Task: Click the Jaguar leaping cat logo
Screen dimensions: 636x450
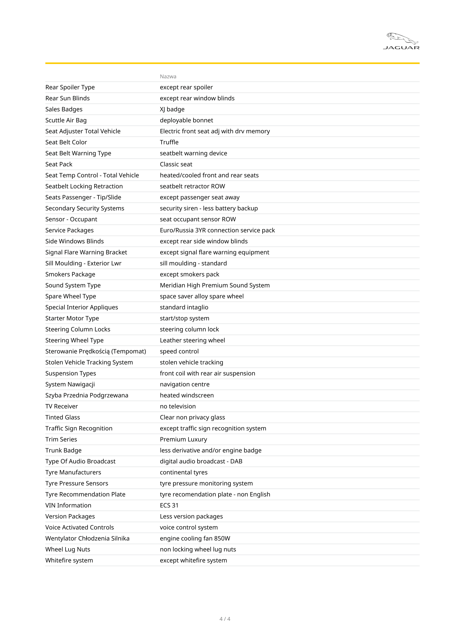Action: coord(402,38)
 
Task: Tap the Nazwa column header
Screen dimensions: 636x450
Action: coord(168,76)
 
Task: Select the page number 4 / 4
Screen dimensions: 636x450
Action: coord(225,619)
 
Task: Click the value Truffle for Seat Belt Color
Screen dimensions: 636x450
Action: coord(169,142)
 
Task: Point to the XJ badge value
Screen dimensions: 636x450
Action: coord(172,109)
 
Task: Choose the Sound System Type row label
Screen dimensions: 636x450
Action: coord(73,285)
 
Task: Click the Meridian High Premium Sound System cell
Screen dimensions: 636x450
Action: coord(214,285)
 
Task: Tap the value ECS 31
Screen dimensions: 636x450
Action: coord(169,505)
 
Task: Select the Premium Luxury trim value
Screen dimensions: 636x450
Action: coord(183,439)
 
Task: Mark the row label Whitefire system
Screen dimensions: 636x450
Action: coord(69,560)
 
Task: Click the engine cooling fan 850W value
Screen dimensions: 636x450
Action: coord(195,538)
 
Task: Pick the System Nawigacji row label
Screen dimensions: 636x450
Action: coord(70,384)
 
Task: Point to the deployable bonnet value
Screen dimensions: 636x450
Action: coord(186,120)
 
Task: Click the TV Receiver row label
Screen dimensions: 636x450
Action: coord(61,406)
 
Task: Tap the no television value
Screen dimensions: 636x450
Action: coord(178,406)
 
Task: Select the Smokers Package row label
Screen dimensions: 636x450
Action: coord(70,274)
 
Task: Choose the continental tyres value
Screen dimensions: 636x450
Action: coord(183,472)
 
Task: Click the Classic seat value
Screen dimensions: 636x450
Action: coord(176,164)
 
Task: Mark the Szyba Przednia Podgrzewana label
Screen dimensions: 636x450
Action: coord(87,395)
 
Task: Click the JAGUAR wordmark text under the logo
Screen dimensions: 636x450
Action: coord(401,48)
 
